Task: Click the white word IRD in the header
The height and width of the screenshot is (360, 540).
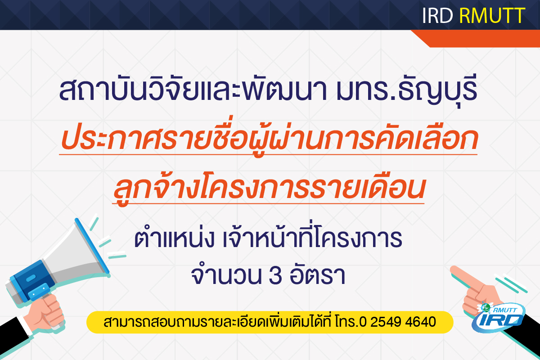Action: [x=437, y=16]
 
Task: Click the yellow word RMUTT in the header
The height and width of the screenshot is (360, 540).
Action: [x=492, y=16]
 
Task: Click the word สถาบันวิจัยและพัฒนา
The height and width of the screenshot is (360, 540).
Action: [x=193, y=89]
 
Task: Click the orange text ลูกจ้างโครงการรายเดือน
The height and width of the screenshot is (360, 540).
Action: [x=269, y=187]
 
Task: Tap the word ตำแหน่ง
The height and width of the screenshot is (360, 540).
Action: [x=174, y=238]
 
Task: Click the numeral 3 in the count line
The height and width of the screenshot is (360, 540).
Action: [x=275, y=275]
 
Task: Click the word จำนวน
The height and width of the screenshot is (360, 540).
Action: [x=226, y=274]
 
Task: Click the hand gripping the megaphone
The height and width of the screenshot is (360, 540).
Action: [x=46, y=314]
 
